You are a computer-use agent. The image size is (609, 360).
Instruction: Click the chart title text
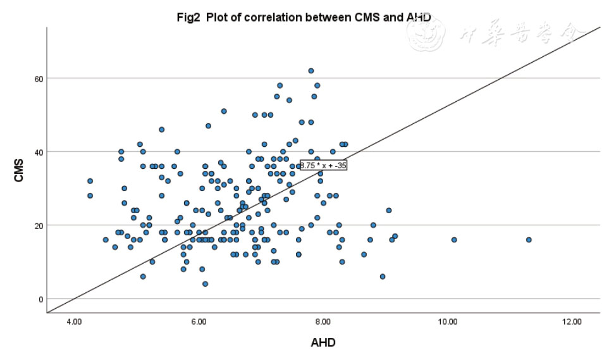point(304,17)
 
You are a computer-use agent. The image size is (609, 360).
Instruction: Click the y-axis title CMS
point(18,174)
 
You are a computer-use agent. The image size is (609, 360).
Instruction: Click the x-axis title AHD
point(323,343)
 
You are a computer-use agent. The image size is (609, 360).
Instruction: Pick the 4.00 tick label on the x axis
point(74,322)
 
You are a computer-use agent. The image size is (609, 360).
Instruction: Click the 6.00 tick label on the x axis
point(199,322)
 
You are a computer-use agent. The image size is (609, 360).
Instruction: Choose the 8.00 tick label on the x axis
point(323,322)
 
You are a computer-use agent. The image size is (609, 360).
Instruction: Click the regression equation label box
point(323,165)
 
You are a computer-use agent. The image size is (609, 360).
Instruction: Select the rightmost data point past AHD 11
point(529,240)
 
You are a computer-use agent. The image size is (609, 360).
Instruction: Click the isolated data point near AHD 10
point(454,240)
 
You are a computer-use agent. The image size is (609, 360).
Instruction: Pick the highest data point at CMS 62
point(311,71)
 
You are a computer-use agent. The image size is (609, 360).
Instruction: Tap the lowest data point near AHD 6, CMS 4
point(205,284)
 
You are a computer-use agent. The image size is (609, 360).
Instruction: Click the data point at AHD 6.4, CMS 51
point(224,111)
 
